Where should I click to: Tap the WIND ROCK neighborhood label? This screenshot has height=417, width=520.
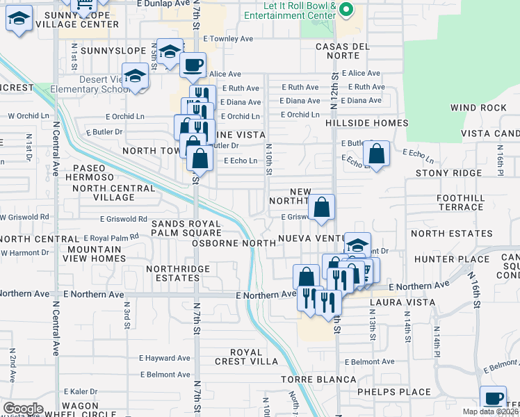478,108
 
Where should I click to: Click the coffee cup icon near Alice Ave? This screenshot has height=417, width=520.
193,65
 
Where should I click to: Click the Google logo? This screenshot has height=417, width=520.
23,409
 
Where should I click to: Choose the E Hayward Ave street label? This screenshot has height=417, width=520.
164,359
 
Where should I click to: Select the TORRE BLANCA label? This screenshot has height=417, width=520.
318,379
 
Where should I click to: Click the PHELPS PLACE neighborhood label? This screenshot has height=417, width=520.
394,392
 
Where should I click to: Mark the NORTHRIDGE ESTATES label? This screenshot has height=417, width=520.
173,273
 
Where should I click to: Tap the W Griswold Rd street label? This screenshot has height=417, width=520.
24,217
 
